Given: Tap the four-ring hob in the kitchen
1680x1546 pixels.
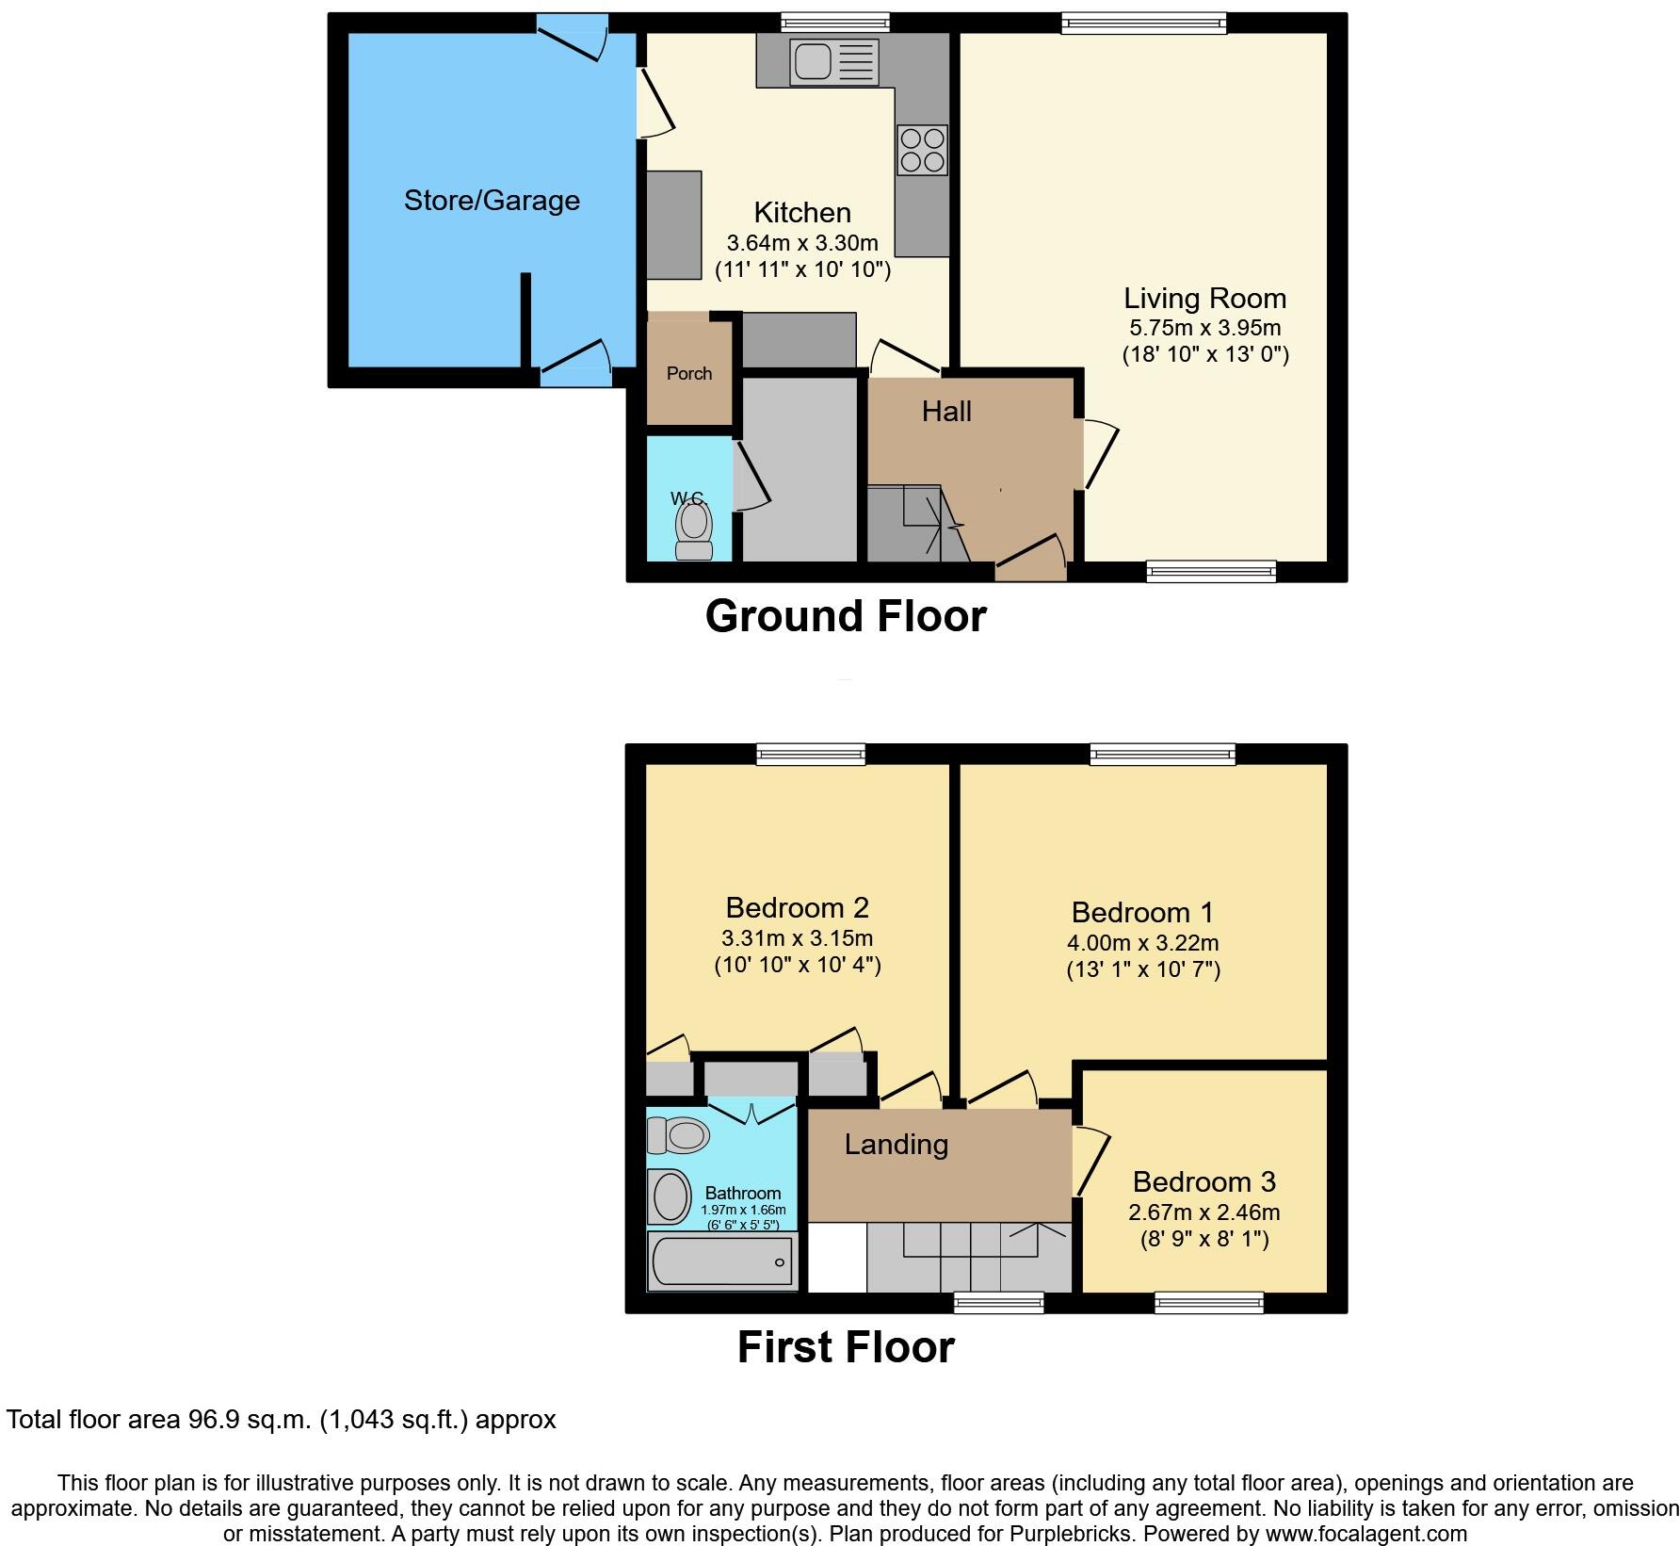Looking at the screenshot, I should [922, 151].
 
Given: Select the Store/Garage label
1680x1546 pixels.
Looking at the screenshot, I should [492, 201].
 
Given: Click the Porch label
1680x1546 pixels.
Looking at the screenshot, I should [689, 374].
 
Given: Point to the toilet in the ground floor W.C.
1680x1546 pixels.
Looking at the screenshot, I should [694, 531].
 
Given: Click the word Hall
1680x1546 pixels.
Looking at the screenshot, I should [946, 412].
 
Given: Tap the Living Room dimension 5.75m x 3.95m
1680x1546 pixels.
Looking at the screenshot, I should [1204, 329].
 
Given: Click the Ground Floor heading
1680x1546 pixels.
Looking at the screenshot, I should [845, 616].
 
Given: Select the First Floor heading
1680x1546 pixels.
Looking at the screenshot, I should [845, 1347].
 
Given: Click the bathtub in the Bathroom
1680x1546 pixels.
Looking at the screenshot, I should [722, 1261].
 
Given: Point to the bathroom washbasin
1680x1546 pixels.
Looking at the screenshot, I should [670, 1196].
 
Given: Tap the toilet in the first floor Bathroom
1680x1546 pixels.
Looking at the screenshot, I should [679, 1135].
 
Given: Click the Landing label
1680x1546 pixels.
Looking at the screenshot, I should [896, 1145].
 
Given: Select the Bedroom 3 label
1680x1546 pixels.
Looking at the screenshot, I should [1203, 1181].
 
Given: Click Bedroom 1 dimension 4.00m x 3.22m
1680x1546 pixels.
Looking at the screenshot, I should [1142, 943].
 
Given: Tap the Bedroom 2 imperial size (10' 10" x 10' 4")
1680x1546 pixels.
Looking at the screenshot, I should [797, 965].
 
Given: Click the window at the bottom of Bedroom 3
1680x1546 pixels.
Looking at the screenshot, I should [1209, 1302].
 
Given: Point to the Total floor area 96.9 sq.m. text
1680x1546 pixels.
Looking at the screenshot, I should [281, 1420].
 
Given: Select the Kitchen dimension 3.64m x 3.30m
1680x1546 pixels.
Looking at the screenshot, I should [802, 243].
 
